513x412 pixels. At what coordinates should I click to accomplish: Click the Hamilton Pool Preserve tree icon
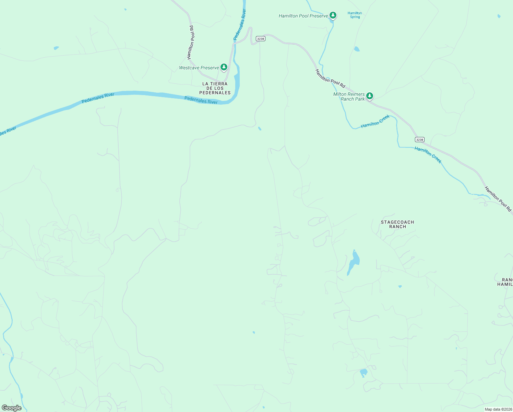click(x=333, y=15)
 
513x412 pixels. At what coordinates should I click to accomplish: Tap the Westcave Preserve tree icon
click(x=224, y=67)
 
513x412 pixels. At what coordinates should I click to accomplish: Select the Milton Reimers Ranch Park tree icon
click(x=369, y=96)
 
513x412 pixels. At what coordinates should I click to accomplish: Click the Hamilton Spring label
click(x=355, y=15)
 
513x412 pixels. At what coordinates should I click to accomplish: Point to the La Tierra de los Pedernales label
click(x=215, y=88)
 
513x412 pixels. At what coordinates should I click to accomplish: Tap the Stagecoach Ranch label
click(x=397, y=224)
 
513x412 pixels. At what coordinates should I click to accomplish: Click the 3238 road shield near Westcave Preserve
click(x=261, y=39)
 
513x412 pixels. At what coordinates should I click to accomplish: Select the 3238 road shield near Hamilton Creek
click(x=419, y=139)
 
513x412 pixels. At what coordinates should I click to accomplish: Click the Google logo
click(x=11, y=408)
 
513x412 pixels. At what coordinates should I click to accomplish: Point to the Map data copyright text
click(x=498, y=409)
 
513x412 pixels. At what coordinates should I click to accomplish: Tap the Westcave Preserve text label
click(x=199, y=68)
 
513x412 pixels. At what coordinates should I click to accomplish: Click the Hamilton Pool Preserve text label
click(x=303, y=16)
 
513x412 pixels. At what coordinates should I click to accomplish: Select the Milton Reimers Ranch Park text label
click(x=349, y=96)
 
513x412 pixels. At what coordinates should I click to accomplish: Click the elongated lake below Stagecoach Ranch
click(x=354, y=262)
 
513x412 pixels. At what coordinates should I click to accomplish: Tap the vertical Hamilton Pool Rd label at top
click(x=191, y=42)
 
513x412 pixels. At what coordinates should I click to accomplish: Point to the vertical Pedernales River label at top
click(x=240, y=25)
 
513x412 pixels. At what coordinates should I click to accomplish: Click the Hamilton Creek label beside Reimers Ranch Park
click(x=375, y=122)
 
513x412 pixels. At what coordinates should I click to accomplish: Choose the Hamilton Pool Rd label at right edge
click(x=498, y=199)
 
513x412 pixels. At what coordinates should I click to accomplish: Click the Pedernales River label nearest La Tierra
click(x=201, y=100)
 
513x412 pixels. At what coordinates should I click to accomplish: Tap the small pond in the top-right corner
click(x=499, y=16)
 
